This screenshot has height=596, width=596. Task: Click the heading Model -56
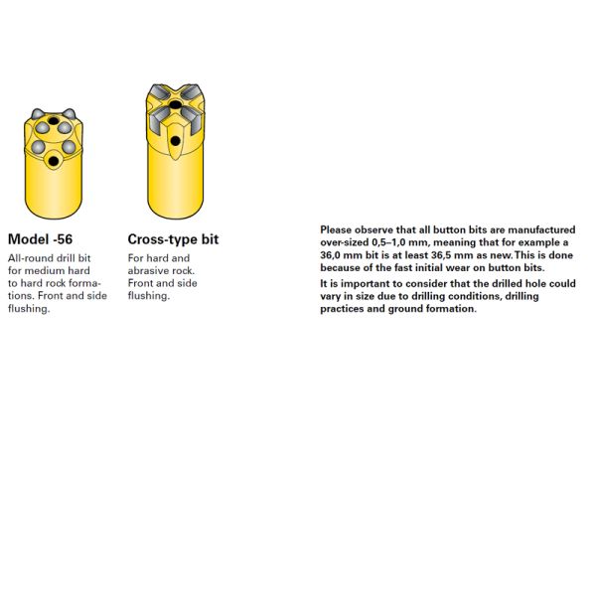[40, 239]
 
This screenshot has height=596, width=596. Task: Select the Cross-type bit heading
[173, 239]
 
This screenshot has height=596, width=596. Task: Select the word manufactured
[541, 229]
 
